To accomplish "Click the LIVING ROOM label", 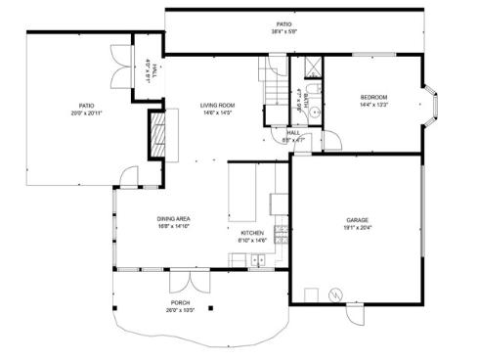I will tap(217, 105).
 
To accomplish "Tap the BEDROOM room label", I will tap(373, 97).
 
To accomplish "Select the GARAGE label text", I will tap(357, 220).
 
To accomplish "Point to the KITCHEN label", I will tap(253, 233).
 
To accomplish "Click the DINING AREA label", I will tap(173, 218).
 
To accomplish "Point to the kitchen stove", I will tap(282, 234).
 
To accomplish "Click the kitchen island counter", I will tap(243, 192).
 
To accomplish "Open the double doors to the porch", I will tap(183, 282).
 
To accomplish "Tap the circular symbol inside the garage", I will tap(334, 292).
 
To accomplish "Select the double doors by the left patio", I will tap(121, 70).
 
